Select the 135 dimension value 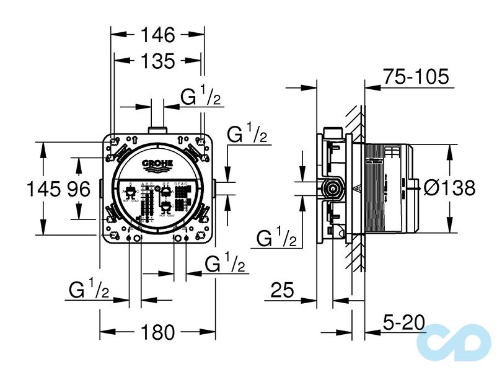pos(157,61)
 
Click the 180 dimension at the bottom pos(157,332)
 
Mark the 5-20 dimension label pos(403,322)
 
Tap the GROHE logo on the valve pos(157,165)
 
